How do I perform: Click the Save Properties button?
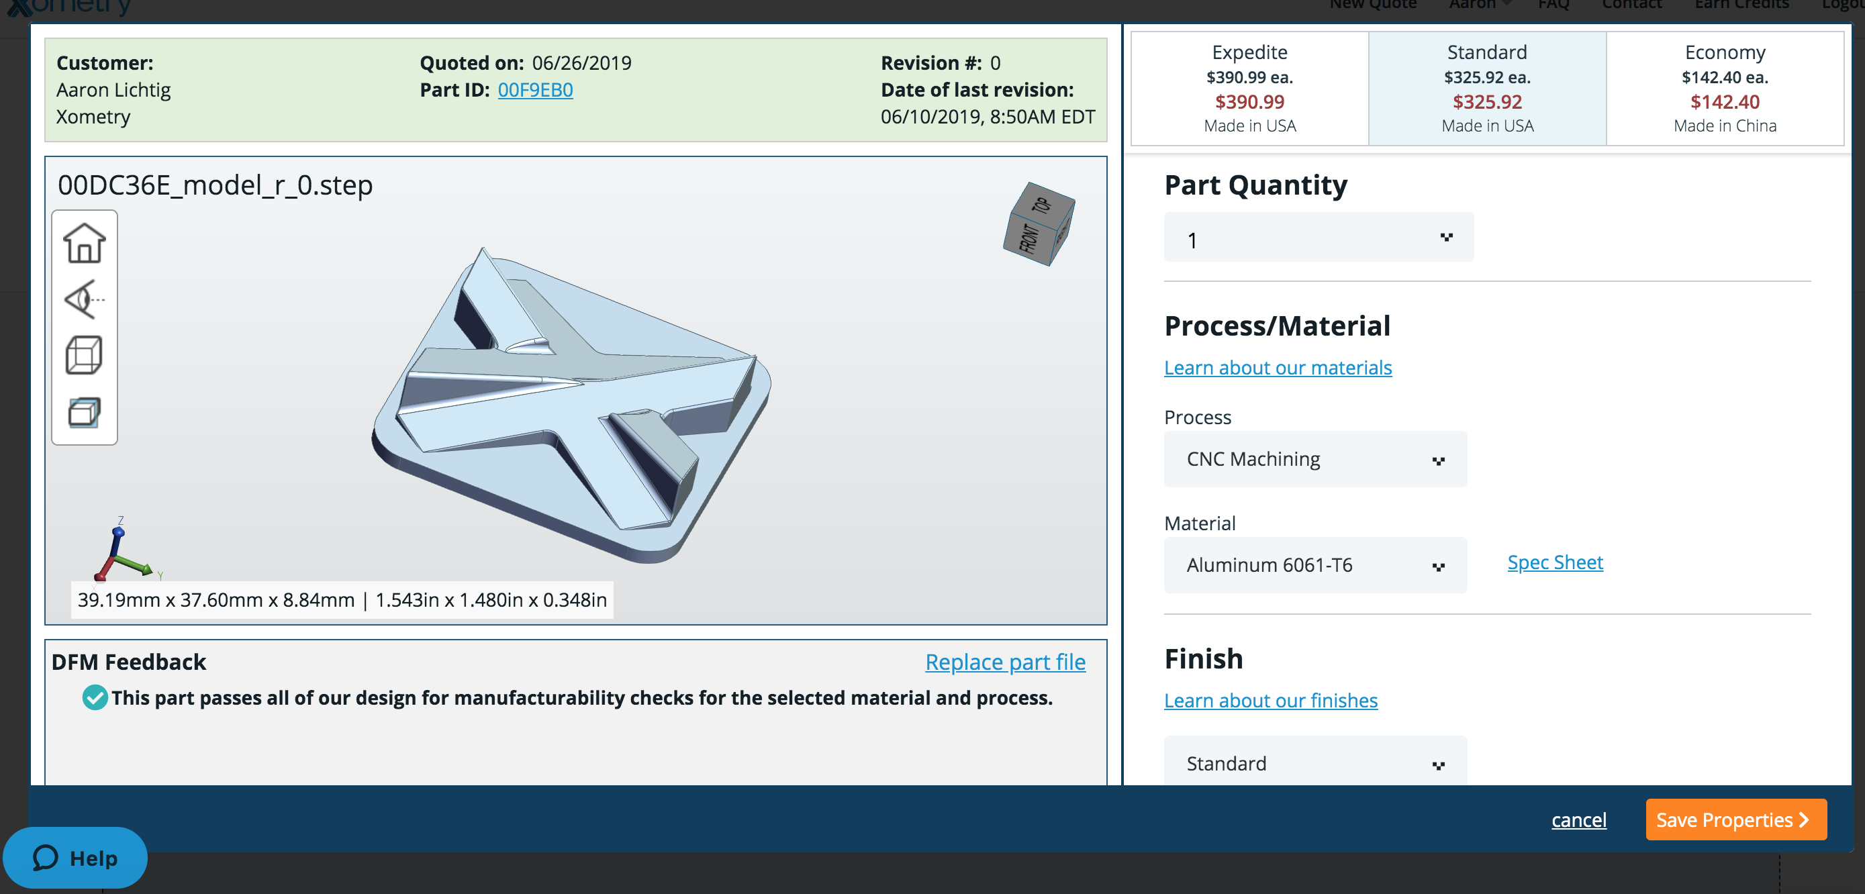point(1735,819)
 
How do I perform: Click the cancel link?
point(1578,820)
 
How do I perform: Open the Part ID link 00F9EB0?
point(535,90)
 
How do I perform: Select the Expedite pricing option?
point(1249,89)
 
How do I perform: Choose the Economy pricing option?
point(1725,89)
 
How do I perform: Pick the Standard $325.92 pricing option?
point(1487,89)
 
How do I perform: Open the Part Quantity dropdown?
point(1319,238)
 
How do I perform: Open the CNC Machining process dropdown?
point(1314,459)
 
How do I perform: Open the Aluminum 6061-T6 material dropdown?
point(1314,564)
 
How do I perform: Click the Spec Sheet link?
point(1555,562)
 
